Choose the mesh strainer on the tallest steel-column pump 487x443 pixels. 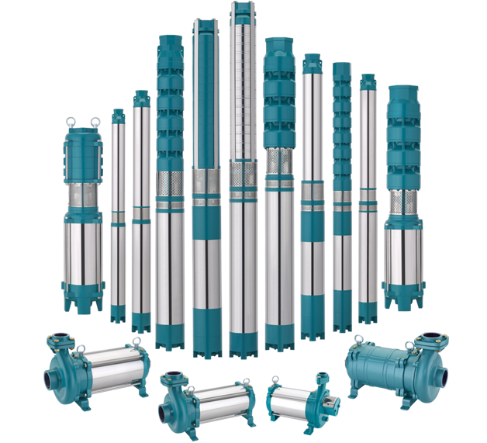coord(243,175)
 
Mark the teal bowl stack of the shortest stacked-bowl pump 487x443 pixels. coord(403,140)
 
